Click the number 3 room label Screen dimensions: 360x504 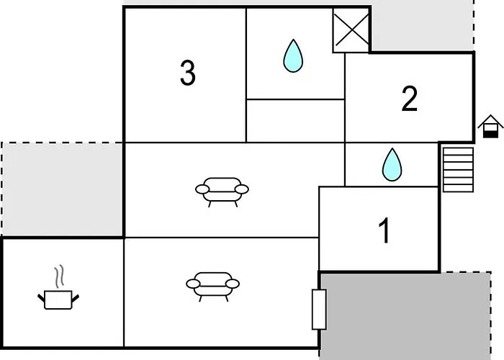pos(187,73)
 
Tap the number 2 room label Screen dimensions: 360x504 pos(409,99)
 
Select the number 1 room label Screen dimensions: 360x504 pos(384,231)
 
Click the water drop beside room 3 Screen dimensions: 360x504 pos(292,56)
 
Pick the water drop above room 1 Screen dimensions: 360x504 pos(392,164)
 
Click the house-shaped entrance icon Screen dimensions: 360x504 pos(490,126)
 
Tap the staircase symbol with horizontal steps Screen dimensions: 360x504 pos(456,169)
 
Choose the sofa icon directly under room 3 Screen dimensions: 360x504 pos(222,189)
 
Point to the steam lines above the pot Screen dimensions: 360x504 pos(60,276)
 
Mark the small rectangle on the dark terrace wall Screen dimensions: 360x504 pos(319,309)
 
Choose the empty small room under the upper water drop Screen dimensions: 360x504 pos(295,120)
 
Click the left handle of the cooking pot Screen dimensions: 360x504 pos(41,296)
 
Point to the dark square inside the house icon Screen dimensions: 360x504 pos(490,131)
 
